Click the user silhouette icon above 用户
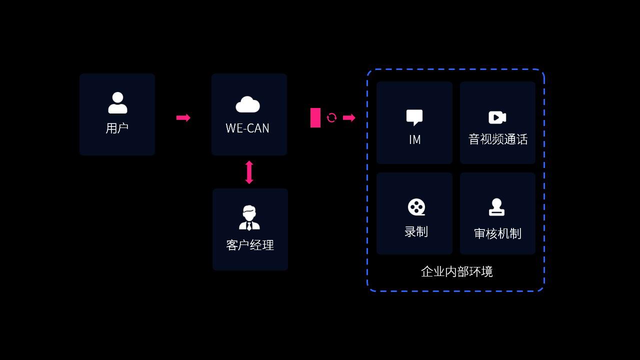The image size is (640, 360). click(117, 102)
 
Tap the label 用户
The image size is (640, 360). click(117, 128)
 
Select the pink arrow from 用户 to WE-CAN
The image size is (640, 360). click(183, 118)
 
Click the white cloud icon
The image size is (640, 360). click(247, 104)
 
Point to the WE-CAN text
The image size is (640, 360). click(247, 128)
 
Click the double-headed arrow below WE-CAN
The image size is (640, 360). click(249, 172)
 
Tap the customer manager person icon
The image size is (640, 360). click(249, 218)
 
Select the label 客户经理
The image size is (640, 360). click(250, 245)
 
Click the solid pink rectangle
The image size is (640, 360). click(315, 118)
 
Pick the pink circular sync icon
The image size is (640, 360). click(331, 118)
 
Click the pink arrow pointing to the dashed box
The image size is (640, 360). click(349, 118)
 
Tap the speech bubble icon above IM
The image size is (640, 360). click(414, 117)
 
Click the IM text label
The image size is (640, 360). click(414, 140)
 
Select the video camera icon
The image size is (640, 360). click(497, 117)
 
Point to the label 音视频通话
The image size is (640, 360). click(498, 139)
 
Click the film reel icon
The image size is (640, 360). click(416, 207)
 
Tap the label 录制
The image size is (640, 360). click(416, 232)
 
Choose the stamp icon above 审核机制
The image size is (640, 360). click(496, 207)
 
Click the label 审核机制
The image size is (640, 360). click(497, 233)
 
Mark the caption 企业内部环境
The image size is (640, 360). click(456, 271)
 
